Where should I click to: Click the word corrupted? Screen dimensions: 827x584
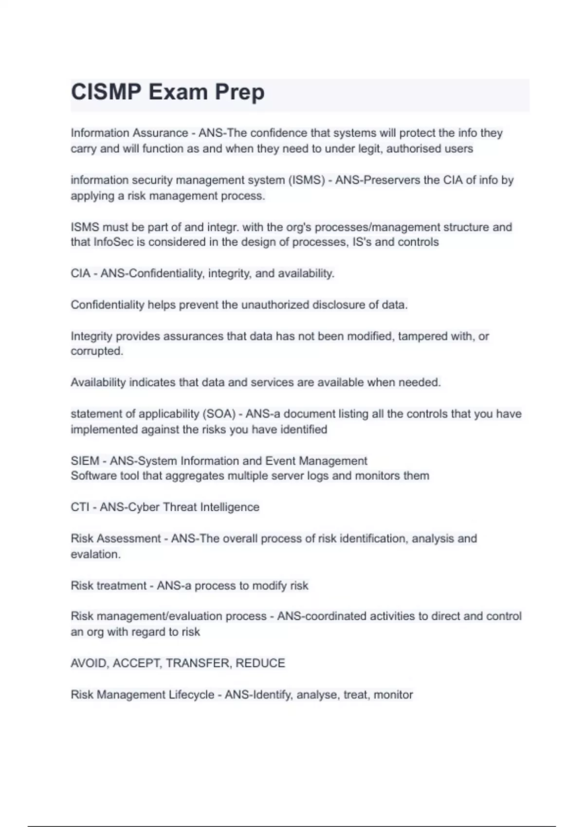tap(96, 351)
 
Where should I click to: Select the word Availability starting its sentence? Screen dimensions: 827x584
tap(98, 383)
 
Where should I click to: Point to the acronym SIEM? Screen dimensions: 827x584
tap(85, 461)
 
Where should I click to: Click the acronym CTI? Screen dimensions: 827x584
tap(80, 507)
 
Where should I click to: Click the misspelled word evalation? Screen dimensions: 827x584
tap(95, 555)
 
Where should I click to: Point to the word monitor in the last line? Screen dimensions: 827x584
tap(393, 695)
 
